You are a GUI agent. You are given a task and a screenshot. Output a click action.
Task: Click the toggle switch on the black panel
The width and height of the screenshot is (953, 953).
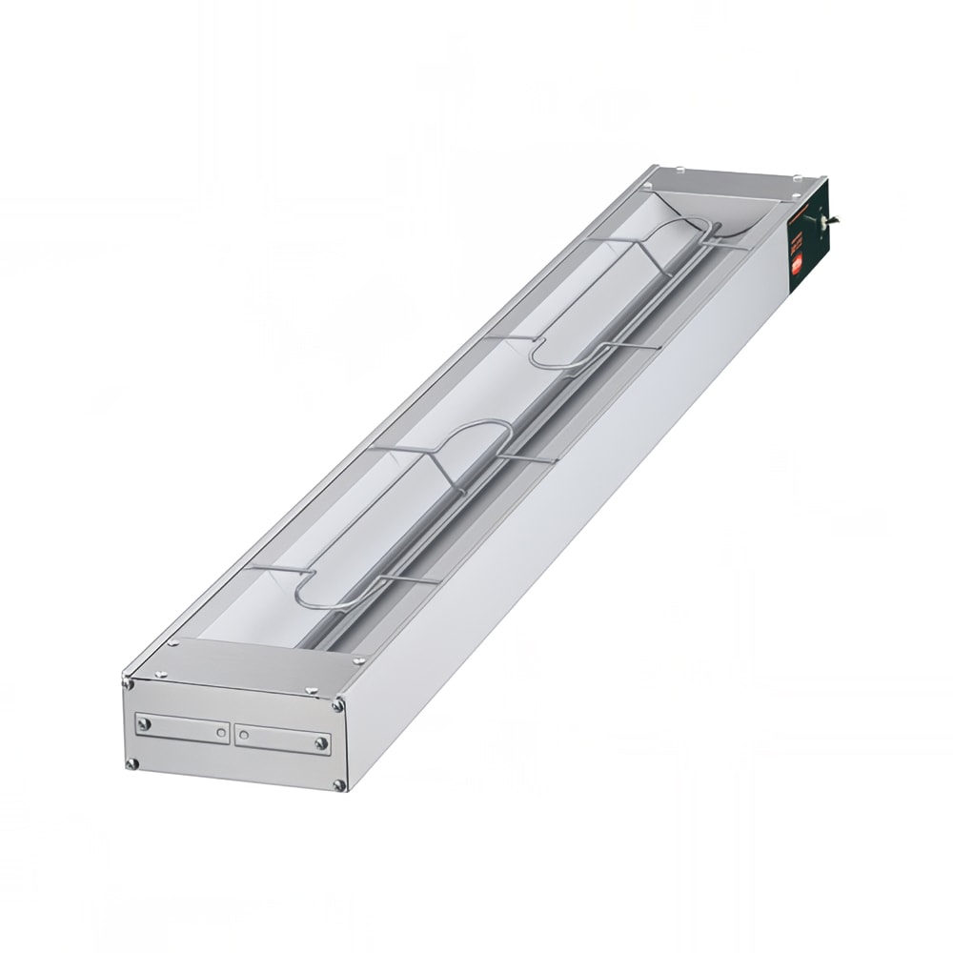[x=821, y=220]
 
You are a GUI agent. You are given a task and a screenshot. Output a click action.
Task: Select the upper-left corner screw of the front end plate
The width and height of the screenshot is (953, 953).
[x=129, y=680]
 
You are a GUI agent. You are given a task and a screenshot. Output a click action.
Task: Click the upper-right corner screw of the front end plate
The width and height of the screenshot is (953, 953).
[x=338, y=705]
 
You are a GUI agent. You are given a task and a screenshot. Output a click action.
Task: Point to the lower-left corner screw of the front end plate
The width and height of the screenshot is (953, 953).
[x=132, y=763]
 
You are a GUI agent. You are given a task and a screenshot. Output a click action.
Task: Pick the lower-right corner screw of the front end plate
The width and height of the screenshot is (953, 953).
[x=339, y=785]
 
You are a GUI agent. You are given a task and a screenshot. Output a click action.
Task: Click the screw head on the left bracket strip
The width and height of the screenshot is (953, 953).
[x=145, y=724]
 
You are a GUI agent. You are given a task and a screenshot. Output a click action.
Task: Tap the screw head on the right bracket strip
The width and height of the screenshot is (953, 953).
[x=321, y=742]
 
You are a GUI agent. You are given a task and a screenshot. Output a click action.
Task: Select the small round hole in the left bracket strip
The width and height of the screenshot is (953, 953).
[x=221, y=732]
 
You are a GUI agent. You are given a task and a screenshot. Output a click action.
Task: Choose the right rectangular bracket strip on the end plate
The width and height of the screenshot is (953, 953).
[x=283, y=740]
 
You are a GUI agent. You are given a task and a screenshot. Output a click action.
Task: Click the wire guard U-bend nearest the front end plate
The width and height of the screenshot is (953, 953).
[x=303, y=591]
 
